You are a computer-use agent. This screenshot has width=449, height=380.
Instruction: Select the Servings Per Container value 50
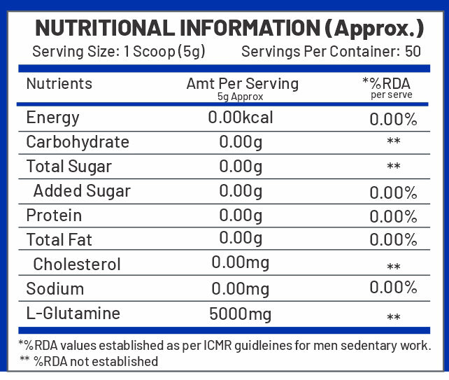413,51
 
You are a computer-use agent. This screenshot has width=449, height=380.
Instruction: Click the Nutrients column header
59,83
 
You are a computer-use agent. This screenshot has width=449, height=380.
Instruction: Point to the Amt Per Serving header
242,84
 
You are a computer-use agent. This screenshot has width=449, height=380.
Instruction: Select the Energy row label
52,118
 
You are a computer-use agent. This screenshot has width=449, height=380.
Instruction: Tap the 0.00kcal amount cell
241,118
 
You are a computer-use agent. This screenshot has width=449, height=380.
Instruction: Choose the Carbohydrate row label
77,142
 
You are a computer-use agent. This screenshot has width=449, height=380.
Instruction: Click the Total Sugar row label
69,167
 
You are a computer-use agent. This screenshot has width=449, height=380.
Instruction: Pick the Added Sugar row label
82,191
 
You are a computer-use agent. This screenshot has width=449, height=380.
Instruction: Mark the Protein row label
54,216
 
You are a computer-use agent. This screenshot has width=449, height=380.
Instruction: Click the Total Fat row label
59,240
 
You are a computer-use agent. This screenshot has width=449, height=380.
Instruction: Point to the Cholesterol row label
77,265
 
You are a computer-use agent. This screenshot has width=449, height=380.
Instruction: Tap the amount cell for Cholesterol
241,265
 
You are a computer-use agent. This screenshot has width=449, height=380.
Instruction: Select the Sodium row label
55,289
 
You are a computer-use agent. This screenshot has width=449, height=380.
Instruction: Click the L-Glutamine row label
73,314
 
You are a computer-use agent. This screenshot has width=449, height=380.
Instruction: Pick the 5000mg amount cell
241,314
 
